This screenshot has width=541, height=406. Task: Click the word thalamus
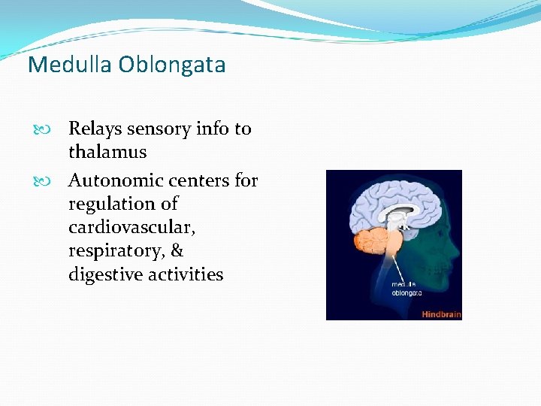click(x=107, y=152)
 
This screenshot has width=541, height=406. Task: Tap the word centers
click(x=203, y=180)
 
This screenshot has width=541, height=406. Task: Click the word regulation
click(x=113, y=205)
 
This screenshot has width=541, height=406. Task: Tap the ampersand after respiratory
click(x=177, y=250)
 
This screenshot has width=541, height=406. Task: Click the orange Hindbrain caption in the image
click(x=440, y=314)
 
